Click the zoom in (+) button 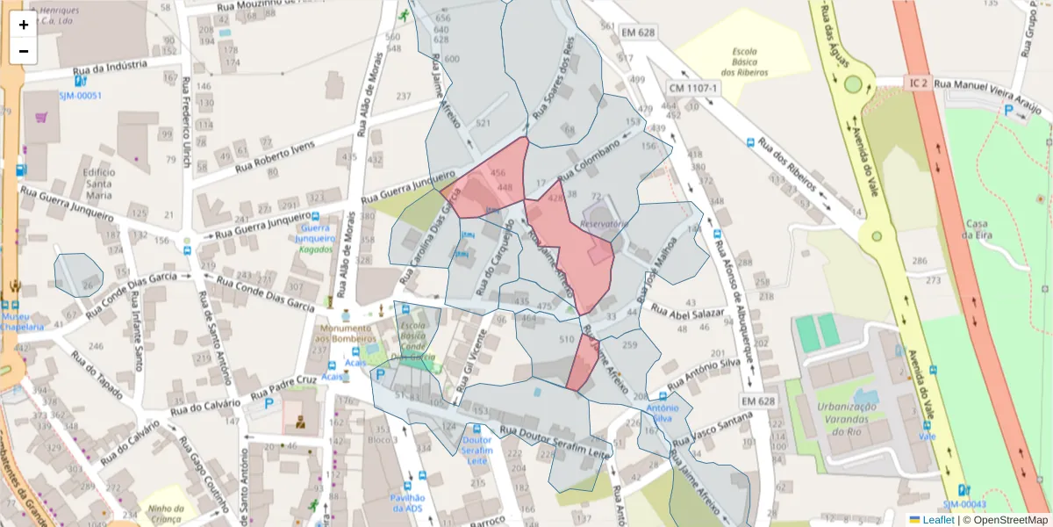pyautogui.click(x=24, y=25)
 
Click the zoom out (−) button pyautogui.click(x=24, y=51)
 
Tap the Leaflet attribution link pyautogui.click(x=931, y=520)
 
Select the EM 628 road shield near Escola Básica pyautogui.click(x=638, y=32)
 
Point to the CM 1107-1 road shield pyautogui.click(x=693, y=88)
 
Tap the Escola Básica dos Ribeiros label pyautogui.click(x=744, y=61)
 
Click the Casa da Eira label pyautogui.click(x=976, y=229)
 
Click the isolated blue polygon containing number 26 pyautogui.click(x=78, y=274)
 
